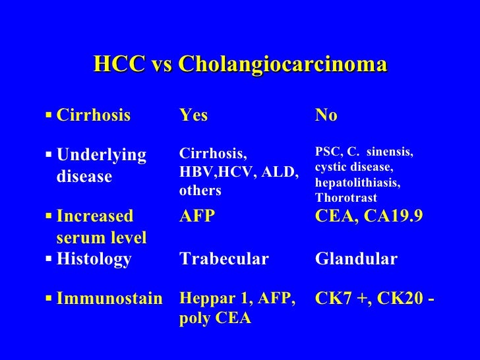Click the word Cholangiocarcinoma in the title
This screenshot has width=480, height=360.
[x=282, y=64]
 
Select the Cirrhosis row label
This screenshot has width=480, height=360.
[x=94, y=116]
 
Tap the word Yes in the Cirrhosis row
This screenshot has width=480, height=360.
[x=193, y=116]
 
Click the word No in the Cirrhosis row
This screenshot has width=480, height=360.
[x=326, y=116]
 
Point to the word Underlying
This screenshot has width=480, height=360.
[x=102, y=155]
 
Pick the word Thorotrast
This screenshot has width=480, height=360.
[x=346, y=197]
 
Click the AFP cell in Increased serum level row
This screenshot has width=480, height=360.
[x=196, y=216]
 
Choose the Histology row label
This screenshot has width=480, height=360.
[x=94, y=259]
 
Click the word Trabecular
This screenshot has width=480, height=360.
[x=224, y=259]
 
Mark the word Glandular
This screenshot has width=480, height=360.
[x=356, y=259]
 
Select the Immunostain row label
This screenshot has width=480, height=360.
[x=109, y=299]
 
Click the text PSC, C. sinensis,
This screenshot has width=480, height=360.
[x=364, y=153]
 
